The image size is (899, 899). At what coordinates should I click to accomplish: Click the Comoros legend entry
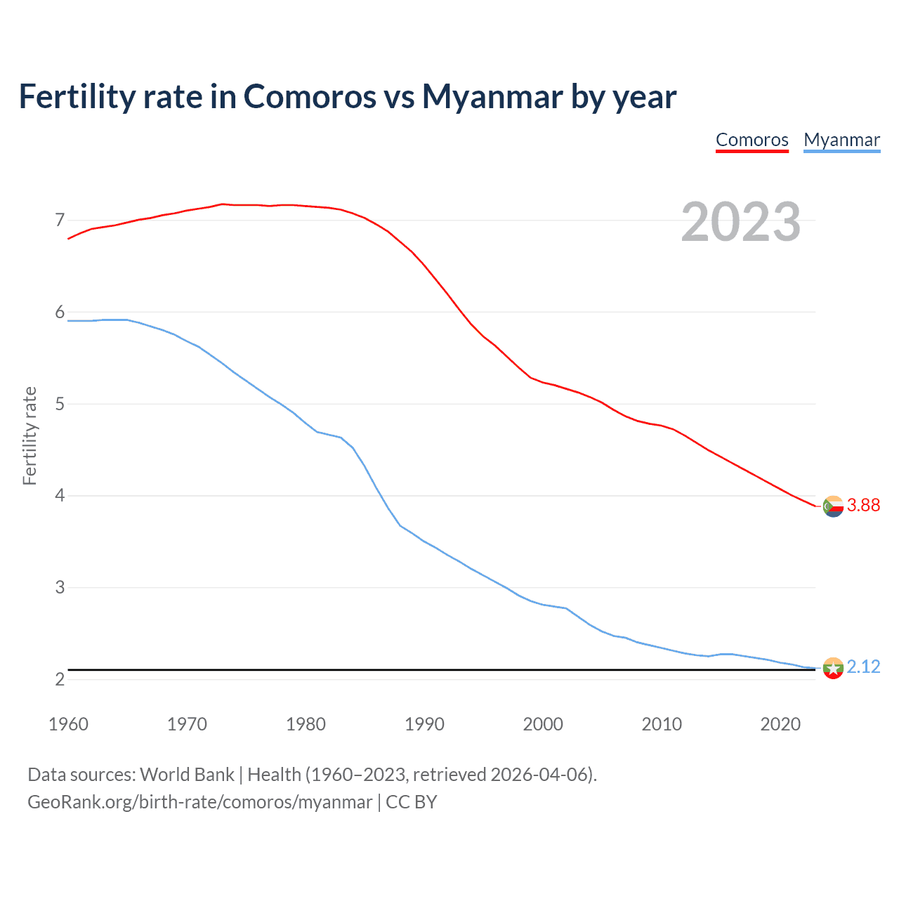click(752, 140)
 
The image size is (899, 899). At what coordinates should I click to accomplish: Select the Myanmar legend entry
click(841, 140)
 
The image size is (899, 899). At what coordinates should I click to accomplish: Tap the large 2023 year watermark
click(740, 222)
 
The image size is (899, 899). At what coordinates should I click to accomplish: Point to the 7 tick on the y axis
click(60, 221)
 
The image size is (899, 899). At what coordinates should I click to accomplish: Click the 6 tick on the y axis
click(60, 312)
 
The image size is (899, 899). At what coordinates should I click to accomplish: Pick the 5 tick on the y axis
click(60, 404)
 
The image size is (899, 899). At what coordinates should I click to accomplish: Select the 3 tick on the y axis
click(60, 587)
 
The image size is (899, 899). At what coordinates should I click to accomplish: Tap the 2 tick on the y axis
click(60, 679)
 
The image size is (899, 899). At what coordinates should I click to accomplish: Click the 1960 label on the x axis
click(68, 724)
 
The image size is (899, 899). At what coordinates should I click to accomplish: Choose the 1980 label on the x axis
click(306, 724)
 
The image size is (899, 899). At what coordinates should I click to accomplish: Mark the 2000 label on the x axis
click(543, 724)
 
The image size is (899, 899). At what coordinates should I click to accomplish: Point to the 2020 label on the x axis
click(780, 724)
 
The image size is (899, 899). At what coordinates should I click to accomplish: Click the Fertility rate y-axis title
click(29, 435)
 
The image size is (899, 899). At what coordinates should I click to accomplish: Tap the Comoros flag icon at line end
click(833, 506)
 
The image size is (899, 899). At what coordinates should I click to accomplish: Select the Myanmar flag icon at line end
click(833, 668)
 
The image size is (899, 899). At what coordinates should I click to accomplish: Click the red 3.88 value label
click(863, 506)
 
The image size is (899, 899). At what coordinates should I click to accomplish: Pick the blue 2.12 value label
click(863, 667)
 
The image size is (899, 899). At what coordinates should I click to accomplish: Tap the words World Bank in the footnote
click(187, 775)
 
